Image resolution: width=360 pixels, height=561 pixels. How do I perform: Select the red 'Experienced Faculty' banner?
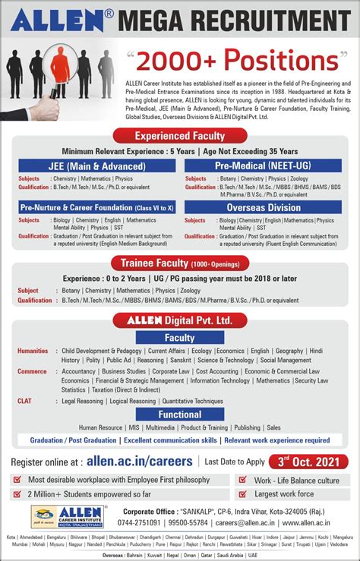click(x=179, y=136)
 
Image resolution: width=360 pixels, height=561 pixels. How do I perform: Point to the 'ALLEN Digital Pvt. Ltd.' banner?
click(x=179, y=321)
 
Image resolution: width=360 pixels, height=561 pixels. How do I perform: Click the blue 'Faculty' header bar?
click(x=179, y=337)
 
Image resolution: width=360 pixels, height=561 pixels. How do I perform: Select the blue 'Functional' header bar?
click(x=179, y=414)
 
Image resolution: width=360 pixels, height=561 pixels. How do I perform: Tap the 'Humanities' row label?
click(x=33, y=351)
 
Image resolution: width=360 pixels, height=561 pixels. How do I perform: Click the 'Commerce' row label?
click(x=33, y=371)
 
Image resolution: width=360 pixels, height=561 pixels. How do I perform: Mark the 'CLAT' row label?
click(x=24, y=400)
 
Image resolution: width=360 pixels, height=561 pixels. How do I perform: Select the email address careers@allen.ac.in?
click(x=241, y=524)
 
